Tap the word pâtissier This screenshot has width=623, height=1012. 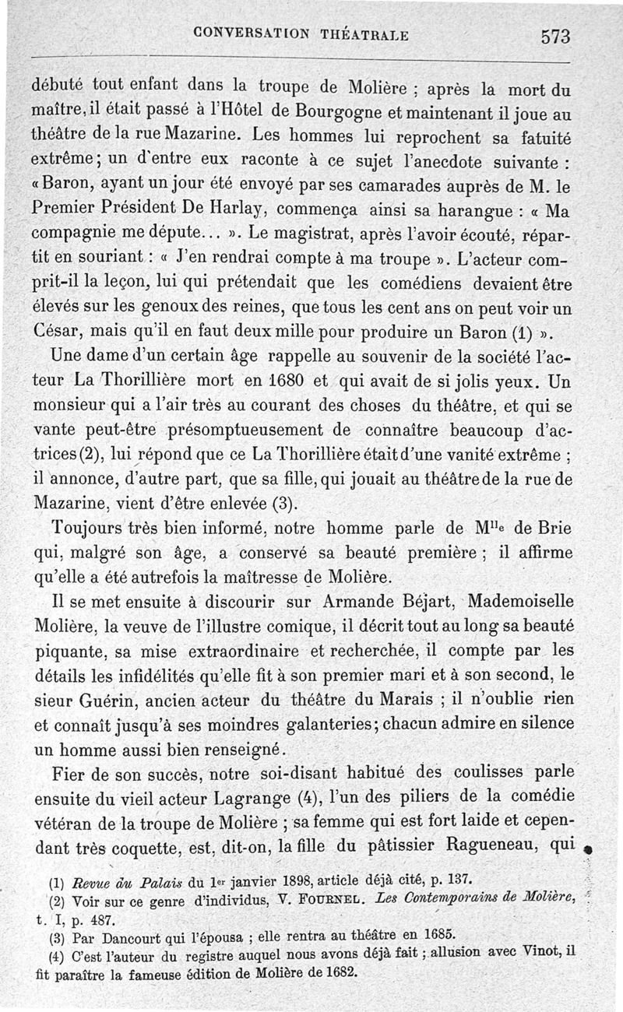pyautogui.click(x=404, y=844)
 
